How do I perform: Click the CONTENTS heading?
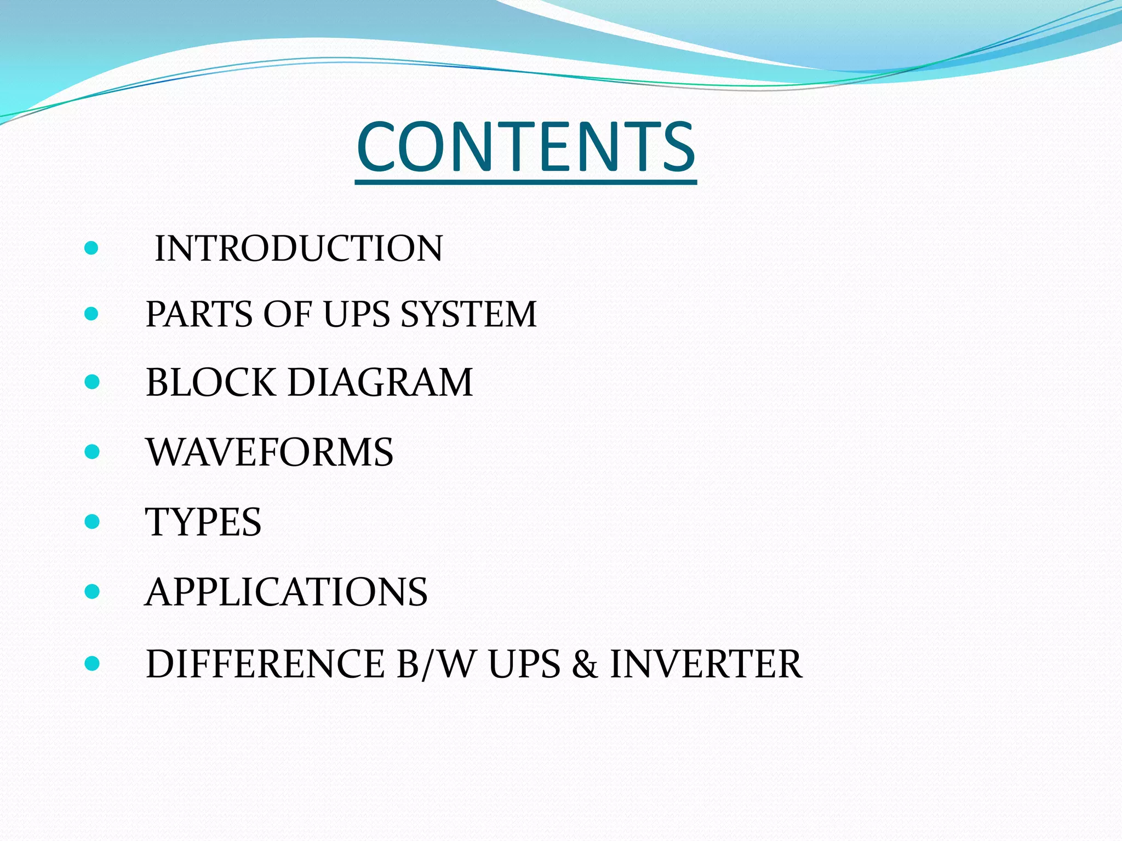coord(526,147)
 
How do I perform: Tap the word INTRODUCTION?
coord(299,249)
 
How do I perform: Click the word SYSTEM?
coord(468,314)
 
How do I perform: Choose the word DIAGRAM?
coord(380,382)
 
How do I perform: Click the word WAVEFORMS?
coord(270,452)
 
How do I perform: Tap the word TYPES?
coord(203,522)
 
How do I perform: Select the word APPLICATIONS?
coord(286,592)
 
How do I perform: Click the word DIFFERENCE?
coord(266,664)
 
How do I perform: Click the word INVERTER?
coord(706,664)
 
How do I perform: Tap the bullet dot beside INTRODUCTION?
coord(92,249)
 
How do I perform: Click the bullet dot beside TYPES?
coord(92,522)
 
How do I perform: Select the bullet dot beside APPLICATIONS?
coord(92,592)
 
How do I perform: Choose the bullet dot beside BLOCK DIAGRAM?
coord(92,382)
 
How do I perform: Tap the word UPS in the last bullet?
coord(524,664)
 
